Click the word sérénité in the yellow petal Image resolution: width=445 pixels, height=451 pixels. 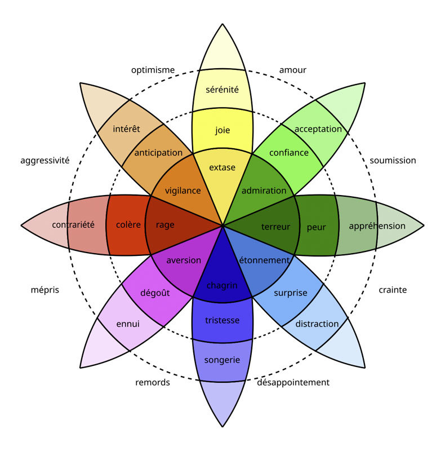(x=222, y=89)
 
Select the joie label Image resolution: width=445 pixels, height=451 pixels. (x=222, y=130)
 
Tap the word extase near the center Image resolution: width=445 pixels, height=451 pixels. (x=222, y=167)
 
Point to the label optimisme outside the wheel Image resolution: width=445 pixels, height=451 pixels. (x=153, y=70)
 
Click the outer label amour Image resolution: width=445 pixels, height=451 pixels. (x=293, y=70)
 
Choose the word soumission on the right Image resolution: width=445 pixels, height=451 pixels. (x=393, y=160)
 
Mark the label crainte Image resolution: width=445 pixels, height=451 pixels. (x=393, y=290)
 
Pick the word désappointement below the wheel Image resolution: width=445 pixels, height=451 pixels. (x=293, y=382)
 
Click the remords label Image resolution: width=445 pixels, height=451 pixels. (x=153, y=382)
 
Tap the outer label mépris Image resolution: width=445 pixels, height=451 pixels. (x=44, y=290)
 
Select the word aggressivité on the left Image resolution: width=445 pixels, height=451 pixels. (x=45, y=160)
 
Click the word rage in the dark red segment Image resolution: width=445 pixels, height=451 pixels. (x=165, y=225)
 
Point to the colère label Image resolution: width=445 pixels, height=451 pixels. (x=128, y=225)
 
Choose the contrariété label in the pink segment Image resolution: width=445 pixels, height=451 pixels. (x=73, y=225)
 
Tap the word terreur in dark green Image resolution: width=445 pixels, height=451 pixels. (x=275, y=227)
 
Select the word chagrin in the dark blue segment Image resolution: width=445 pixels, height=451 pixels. (x=222, y=285)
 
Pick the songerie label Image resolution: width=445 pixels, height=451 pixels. (x=222, y=360)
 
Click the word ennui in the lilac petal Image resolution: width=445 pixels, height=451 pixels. (x=128, y=324)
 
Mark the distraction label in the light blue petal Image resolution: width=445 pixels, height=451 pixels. (x=317, y=324)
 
